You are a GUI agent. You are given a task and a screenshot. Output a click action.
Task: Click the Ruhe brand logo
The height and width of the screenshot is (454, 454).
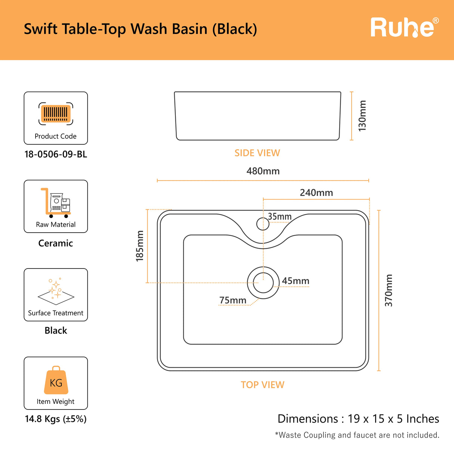click(x=404, y=27)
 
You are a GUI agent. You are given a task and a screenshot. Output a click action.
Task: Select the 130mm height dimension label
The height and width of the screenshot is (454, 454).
click(x=362, y=116)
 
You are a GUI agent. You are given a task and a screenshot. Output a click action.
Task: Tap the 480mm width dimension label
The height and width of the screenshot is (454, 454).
click(x=263, y=171)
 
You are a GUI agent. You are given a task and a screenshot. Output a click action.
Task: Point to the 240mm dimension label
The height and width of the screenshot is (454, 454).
click(x=316, y=193)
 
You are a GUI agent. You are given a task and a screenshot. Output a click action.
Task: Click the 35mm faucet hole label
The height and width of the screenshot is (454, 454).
click(x=280, y=217)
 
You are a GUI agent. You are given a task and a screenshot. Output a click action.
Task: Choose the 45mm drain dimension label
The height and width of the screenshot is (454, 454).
click(x=295, y=281)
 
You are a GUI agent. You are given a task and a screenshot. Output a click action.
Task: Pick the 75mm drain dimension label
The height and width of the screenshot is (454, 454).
click(x=233, y=300)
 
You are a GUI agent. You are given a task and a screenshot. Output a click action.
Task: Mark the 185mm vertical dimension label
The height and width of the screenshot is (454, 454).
click(x=139, y=246)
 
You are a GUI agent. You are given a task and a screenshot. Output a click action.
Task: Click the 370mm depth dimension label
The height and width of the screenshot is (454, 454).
click(x=389, y=291)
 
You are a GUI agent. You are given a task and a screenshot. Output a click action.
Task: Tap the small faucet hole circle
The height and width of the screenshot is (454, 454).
click(x=263, y=224)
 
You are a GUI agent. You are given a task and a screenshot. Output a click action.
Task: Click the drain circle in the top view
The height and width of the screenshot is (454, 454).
click(x=263, y=283)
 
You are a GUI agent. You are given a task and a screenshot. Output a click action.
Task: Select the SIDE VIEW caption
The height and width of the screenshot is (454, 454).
click(x=257, y=153)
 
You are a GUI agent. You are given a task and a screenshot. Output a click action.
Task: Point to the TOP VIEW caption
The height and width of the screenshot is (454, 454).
click(x=263, y=385)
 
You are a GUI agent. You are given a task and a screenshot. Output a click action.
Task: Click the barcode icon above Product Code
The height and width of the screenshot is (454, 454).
click(x=56, y=113)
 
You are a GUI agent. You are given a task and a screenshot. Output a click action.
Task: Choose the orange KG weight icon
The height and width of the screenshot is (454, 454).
click(x=56, y=381)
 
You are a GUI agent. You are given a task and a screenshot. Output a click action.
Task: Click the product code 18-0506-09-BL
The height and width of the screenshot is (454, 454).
click(x=56, y=154)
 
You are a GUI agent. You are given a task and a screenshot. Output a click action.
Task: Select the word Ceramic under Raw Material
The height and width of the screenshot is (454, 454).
click(x=56, y=243)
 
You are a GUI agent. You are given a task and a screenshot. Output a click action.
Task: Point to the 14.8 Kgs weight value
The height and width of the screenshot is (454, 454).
click(x=56, y=419)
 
